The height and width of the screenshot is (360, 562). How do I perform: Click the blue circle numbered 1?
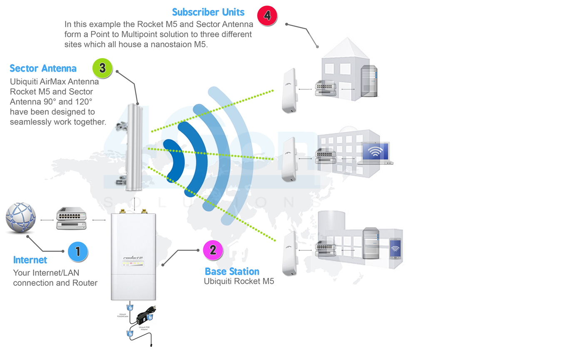[77, 251]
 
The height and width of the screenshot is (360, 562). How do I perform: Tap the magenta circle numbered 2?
[213, 250]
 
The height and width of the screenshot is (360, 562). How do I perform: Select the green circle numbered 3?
[102, 68]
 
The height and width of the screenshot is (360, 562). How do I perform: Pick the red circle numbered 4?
[267, 16]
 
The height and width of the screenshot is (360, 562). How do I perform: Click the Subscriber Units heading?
[208, 12]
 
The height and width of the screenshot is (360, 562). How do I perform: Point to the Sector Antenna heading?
[43, 68]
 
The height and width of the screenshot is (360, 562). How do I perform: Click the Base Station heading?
[232, 271]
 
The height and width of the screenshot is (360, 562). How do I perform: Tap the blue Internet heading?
[30, 260]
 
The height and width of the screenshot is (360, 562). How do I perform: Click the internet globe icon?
[20, 218]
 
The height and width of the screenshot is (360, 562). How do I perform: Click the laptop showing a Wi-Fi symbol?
[376, 153]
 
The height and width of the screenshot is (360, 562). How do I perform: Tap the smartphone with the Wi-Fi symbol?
[395, 249]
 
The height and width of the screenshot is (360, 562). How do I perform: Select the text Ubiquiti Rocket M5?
[239, 281]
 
